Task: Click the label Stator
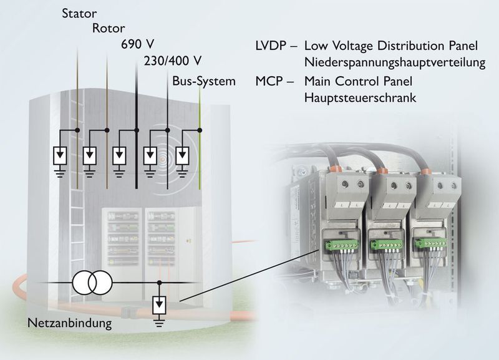79,12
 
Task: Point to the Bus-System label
205,81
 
